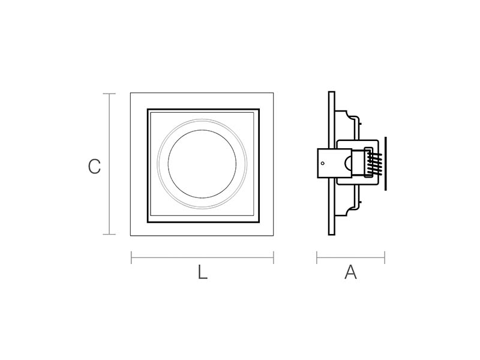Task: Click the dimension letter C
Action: pyautogui.click(x=94, y=167)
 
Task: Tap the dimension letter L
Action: pyautogui.click(x=202, y=272)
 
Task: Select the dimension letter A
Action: pyautogui.click(x=350, y=272)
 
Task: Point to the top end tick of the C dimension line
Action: pyautogui.click(x=109, y=94)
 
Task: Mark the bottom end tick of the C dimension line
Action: pyautogui.click(x=109, y=235)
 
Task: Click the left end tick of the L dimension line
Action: pyautogui.click(x=131, y=257)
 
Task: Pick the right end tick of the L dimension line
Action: pyautogui.click(x=274, y=257)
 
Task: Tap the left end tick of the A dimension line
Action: pyautogui.click(x=317, y=257)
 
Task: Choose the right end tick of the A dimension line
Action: pyautogui.click(x=385, y=257)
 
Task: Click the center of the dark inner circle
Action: pyautogui.click(x=202, y=163)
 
